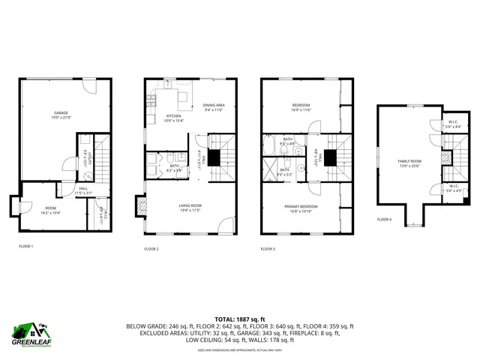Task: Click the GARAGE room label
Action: coord(61,112)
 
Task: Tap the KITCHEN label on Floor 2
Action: coord(174,116)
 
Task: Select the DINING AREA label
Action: coord(214,105)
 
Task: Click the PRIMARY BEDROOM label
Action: coord(301,206)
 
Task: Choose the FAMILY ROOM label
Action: coord(409,160)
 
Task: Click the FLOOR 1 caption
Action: coord(25,246)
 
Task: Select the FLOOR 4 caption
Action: coord(384,220)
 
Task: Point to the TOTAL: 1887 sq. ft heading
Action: coord(240,319)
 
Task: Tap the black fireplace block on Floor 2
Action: coord(214,157)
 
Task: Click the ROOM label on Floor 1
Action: coord(50,208)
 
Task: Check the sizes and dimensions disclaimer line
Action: coord(240,349)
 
